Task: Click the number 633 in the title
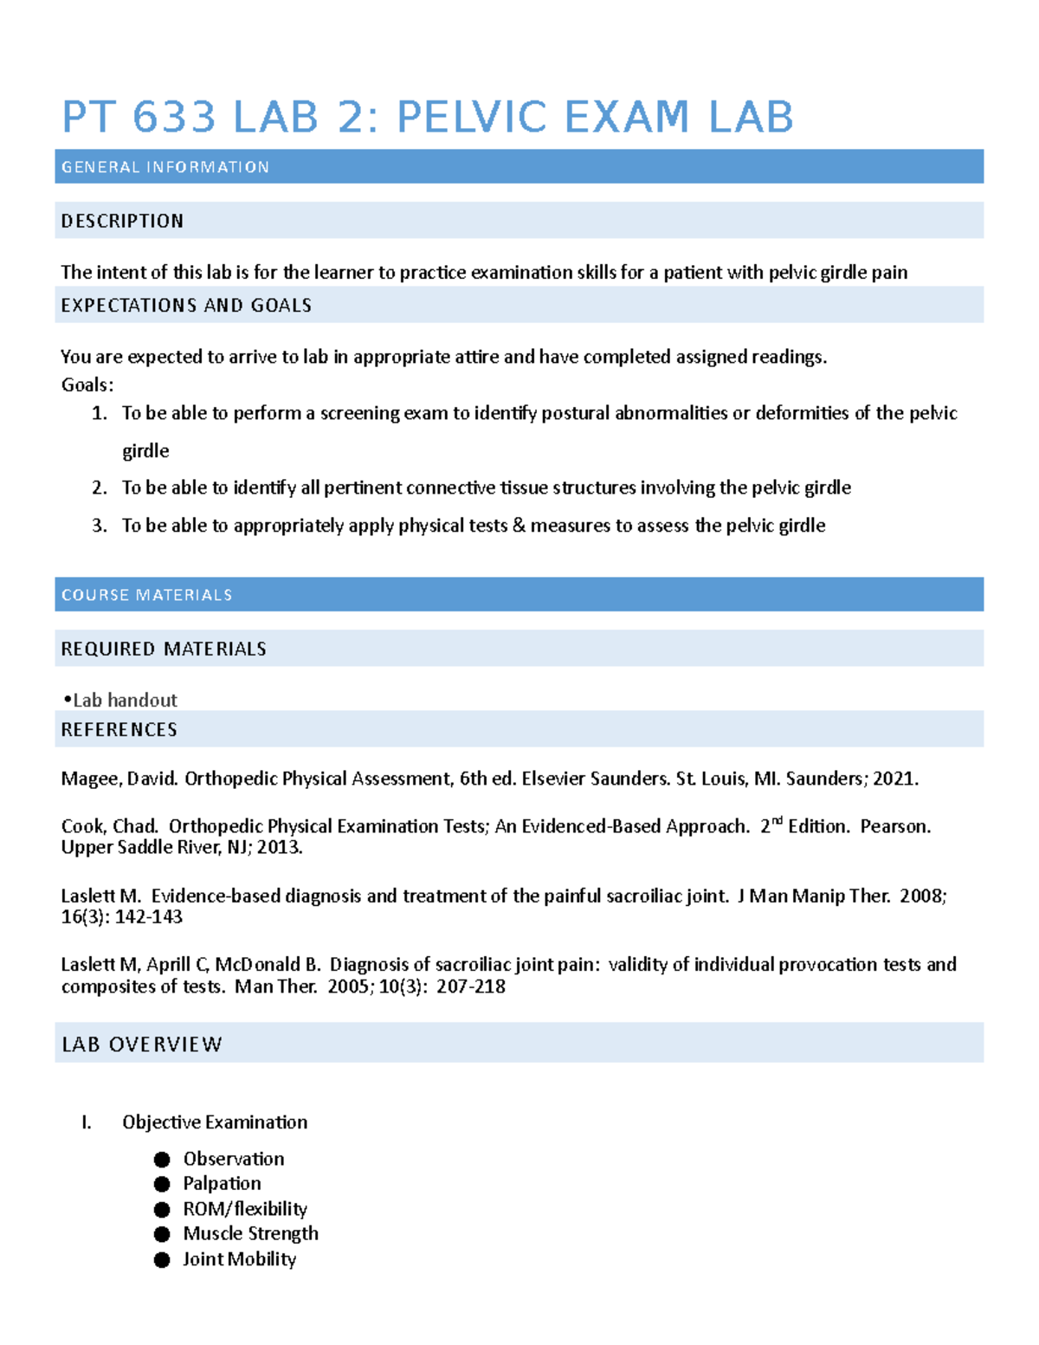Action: [x=173, y=117]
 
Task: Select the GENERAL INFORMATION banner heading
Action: [x=165, y=167]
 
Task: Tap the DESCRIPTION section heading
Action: [x=122, y=221]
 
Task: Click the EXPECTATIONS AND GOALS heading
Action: [x=186, y=305]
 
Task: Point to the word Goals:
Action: [x=87, y=385]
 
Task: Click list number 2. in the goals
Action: [x=100, y=488]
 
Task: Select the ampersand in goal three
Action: [x=519, y=526]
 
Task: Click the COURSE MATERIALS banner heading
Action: [x=146, y=595]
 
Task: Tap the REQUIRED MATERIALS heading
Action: [x=164, y=649]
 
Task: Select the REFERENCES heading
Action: [x=119, y=729]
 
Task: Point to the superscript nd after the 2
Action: [x=777, y=821]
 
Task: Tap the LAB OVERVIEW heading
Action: [x=142, y=1044]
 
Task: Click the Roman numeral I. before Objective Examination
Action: [x=86, y=1122]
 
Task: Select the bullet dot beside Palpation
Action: [x=162, y=1184]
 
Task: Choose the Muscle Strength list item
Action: [x=250, y=1233]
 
